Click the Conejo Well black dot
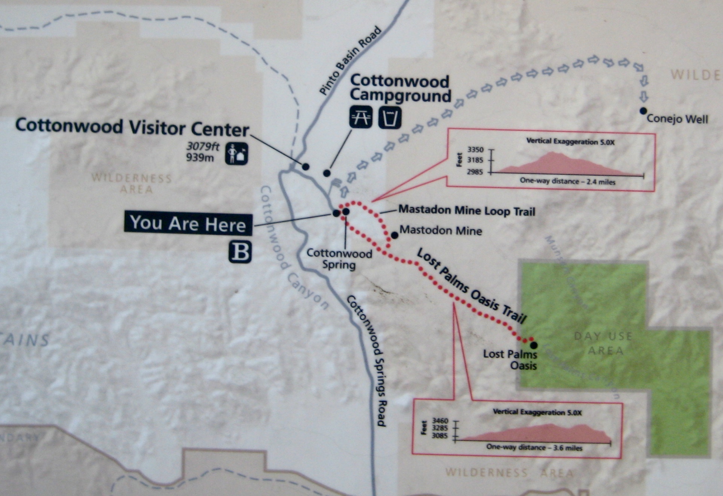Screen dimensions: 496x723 click(x=643, y=111)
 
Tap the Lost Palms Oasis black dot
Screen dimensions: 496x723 click(x=534, y=345)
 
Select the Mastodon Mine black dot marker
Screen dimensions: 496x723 click(x=395, y=235)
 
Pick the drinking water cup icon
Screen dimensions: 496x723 click(x=390, y=117)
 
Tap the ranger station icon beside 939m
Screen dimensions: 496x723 click(x=237, y=154)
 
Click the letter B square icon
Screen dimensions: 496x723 click(x=240, y=252)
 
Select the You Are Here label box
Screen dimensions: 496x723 click(x=188, y=224)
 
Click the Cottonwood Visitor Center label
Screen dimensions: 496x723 click(x=132, y=127)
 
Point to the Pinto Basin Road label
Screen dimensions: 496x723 click(x=350, y=61)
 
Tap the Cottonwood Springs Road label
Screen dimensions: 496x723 click(x=366, y=360)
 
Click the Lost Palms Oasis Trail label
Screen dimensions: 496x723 click(x=472, y=286)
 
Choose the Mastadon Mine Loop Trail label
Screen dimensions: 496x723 click(x=467, y=210)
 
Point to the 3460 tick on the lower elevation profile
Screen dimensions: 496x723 click(x=440, y=421)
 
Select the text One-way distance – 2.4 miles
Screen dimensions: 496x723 click(x=567, y=181)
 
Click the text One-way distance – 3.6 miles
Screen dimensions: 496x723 click(x=534, y=448)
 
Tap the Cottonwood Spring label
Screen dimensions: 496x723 click(x=339, y=259)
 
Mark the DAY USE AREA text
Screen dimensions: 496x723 click(x=604, y=343)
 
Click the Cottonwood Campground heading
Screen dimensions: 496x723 click(x=400, y=88)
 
